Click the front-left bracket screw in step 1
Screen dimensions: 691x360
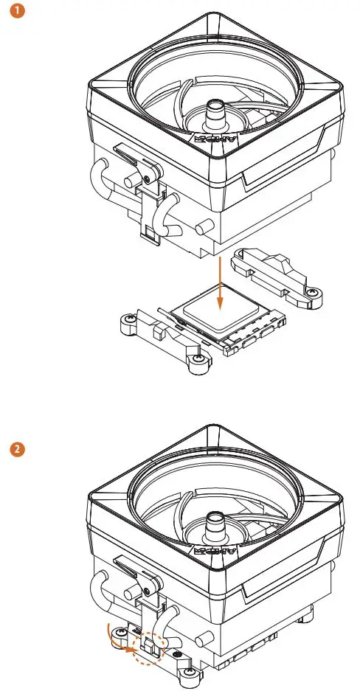(x=129, y=318)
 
